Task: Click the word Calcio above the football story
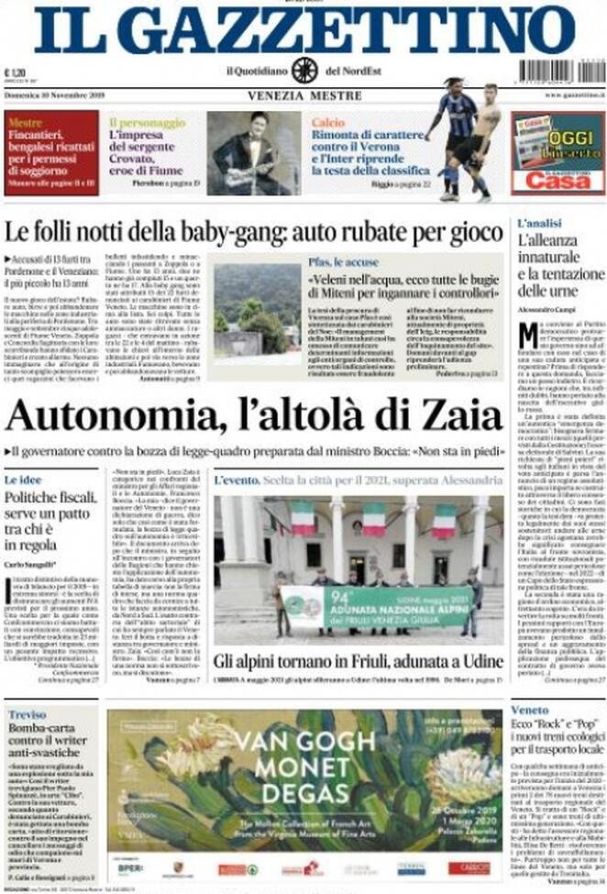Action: [x=327, y=121]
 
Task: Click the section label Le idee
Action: [x=24, y=480]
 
